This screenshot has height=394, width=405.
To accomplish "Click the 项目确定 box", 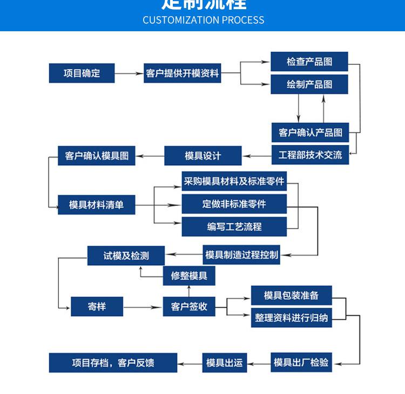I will (82, 73).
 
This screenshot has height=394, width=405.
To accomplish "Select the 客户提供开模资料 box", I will (183, 73).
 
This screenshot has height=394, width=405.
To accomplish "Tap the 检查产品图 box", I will (309, 61).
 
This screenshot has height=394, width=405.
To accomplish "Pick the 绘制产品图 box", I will (309, 85).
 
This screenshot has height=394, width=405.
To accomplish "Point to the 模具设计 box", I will (203, 156).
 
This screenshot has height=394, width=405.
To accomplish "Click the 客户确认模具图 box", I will (97, 156).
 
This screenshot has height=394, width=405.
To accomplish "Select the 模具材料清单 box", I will (97, 205).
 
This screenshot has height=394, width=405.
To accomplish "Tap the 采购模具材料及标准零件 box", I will (234, 182).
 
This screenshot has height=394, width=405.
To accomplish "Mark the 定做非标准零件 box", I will (234, 204).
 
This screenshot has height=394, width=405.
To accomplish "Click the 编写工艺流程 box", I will (234, 227).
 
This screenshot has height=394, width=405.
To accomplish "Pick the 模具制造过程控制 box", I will (242, 255).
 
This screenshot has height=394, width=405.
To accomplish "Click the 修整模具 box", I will (189, 276).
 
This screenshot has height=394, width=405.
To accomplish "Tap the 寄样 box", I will (97, 307).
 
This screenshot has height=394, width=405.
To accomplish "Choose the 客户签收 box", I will (189, 307).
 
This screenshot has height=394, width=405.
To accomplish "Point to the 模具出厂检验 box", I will (301, 362).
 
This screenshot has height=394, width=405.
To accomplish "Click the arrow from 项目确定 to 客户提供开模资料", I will (129, 73).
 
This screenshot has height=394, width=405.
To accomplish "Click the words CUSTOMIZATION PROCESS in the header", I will (204, 20).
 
